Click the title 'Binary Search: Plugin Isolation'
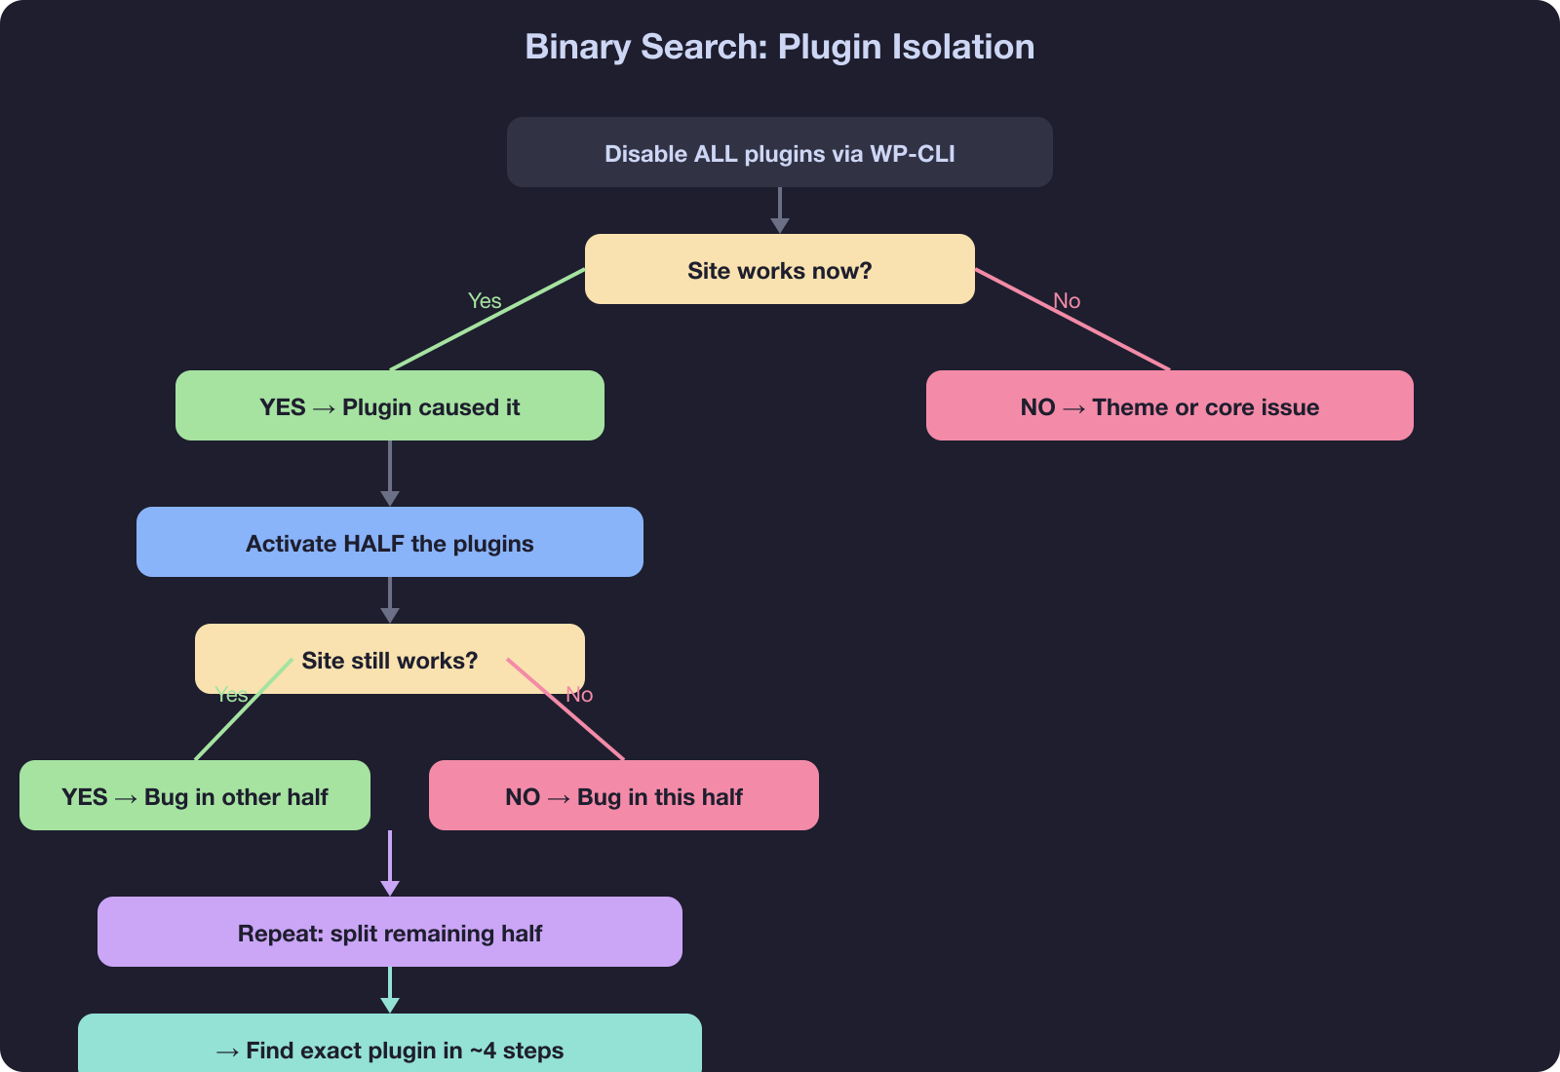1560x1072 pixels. tap(779, 47)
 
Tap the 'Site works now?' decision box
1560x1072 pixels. tap(779, 270)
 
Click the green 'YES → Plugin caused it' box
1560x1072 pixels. tap(389, 406)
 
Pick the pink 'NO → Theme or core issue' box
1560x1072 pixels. tap(1169, 406)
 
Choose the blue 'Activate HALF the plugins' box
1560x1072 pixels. tap(389, 543)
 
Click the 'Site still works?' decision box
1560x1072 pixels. tap(389, 660)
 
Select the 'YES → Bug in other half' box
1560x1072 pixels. tap(194, 796)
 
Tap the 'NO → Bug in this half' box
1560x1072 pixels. tap(623, 796)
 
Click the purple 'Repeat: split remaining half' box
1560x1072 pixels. tap(389, 933)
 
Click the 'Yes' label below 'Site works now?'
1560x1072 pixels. tap(485, 301)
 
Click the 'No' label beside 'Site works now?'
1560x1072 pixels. tap(1067, 301)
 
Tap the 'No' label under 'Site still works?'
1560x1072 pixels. tap(580, 695)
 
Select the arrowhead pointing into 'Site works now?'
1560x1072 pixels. tap(779, 226)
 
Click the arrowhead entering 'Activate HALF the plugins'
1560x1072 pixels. tap(389, 499)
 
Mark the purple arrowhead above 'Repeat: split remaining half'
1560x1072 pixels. tap(389, 888)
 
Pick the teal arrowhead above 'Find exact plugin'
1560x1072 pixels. tap(389, 1005)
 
